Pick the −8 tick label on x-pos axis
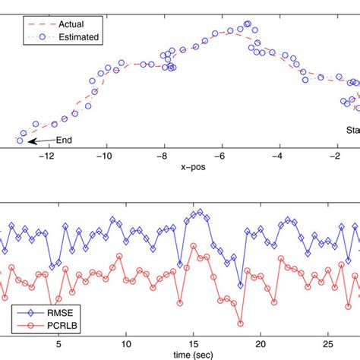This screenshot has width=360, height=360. tap(163, 156)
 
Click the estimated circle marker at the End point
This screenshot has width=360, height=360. tap(20, 140)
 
